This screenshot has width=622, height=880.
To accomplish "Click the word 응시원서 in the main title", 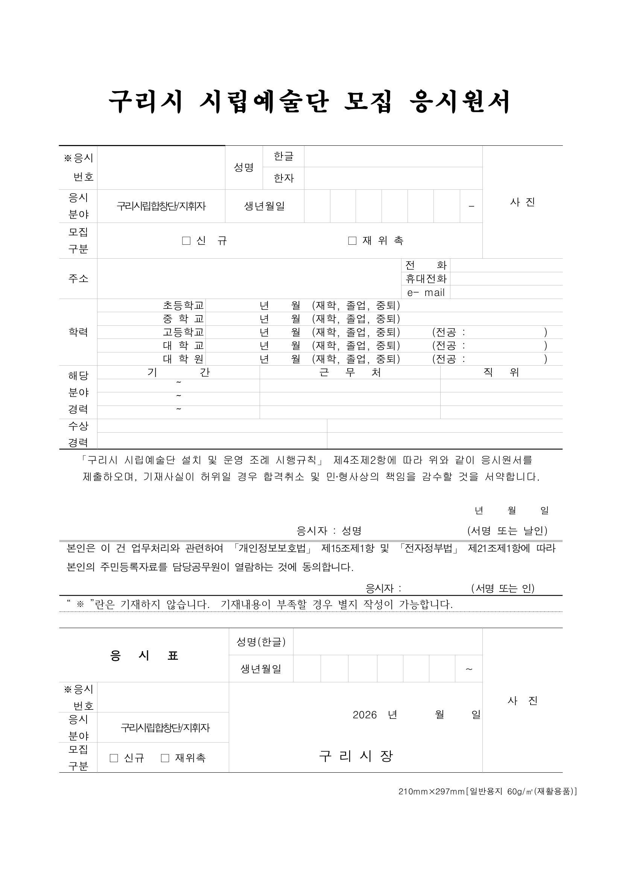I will pyautogui.click(x=459, y=102).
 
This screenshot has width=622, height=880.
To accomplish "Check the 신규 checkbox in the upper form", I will pyautogui.click(x=187, y=241).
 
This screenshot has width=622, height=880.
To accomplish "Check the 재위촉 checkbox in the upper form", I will pyautogui.click(x=352, y=241).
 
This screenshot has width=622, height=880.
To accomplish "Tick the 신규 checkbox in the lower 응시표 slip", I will pyautogui.click(x=114, y=758).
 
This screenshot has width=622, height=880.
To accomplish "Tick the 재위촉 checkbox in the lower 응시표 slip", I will pyautogui.click(x=165, y=758).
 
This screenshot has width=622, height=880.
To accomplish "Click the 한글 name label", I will pyautogui.click(x=283, y=156).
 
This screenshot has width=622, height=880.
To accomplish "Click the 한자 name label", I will pyautogui.click(x=283, y=178).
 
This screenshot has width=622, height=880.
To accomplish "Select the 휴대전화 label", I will pyautogui.click(x=426, y=279).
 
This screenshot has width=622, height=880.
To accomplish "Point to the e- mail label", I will pyautogui.click(x=426, y=293).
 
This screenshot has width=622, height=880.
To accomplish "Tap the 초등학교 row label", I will pyautogui.click(x=184, y=305).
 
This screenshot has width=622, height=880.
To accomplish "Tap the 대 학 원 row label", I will pyautogui.click(x=184, y=359).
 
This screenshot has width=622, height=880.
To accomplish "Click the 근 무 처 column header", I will pyautogui.click(x=350, y=372).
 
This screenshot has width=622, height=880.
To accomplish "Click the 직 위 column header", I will pyautogui.click(x=501, y=372).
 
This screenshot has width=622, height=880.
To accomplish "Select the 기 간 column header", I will pyautogui.click(x=178, y=372).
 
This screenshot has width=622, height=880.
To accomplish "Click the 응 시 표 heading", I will pyautogui.click(x=144, y=656).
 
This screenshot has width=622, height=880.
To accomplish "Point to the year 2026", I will pyautogui.click(x=365, y=715).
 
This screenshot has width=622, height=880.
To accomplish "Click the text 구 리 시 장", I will pyautogui.click(x=356, y=756).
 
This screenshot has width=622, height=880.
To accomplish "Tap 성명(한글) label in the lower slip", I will pyautogui.click(x=261, y=642).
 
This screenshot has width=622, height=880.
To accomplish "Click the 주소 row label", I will pyautogui.click(x=78, y=279).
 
